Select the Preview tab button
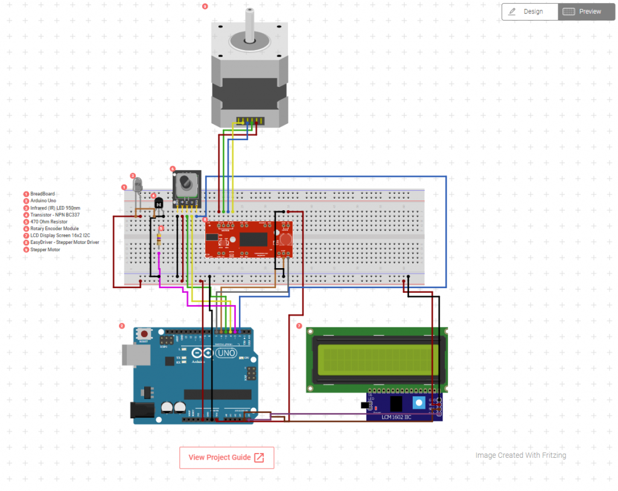[583, 11]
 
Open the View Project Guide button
[226, 458]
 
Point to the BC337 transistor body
[159, 203]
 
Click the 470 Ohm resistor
[159, 240]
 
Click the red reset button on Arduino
[145, 333]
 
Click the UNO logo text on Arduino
[226, 352]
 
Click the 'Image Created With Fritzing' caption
[520, 455]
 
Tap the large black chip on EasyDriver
[253, 240]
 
